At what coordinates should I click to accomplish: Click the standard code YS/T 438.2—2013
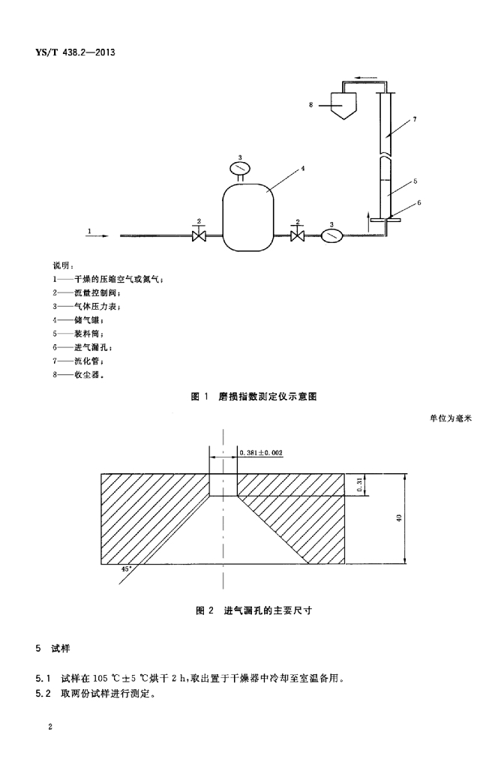(75, 52)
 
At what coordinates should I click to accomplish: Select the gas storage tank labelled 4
(247, 217)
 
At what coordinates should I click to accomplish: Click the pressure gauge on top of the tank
(240, 168)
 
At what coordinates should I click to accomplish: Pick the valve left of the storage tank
(198, 235)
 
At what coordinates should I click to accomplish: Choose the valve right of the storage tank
(297, 235)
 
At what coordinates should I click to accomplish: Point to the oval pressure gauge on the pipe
(331, 235)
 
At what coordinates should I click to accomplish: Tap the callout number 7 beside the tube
(415, 119)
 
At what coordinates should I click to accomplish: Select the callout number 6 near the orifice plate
(418, 202)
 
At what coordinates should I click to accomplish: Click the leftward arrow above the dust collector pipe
(366, 77)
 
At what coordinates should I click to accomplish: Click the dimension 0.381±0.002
(262, 453)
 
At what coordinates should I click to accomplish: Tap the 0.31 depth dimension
(359, 485)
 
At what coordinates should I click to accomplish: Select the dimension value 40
(398, 517)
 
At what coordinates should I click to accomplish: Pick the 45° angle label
(126, 569)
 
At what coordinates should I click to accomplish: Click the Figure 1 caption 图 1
(199, 396)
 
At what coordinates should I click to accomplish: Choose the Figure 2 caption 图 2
(205, 610)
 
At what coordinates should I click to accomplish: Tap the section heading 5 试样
(53, 649)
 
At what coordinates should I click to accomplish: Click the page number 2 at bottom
(50, 726)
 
